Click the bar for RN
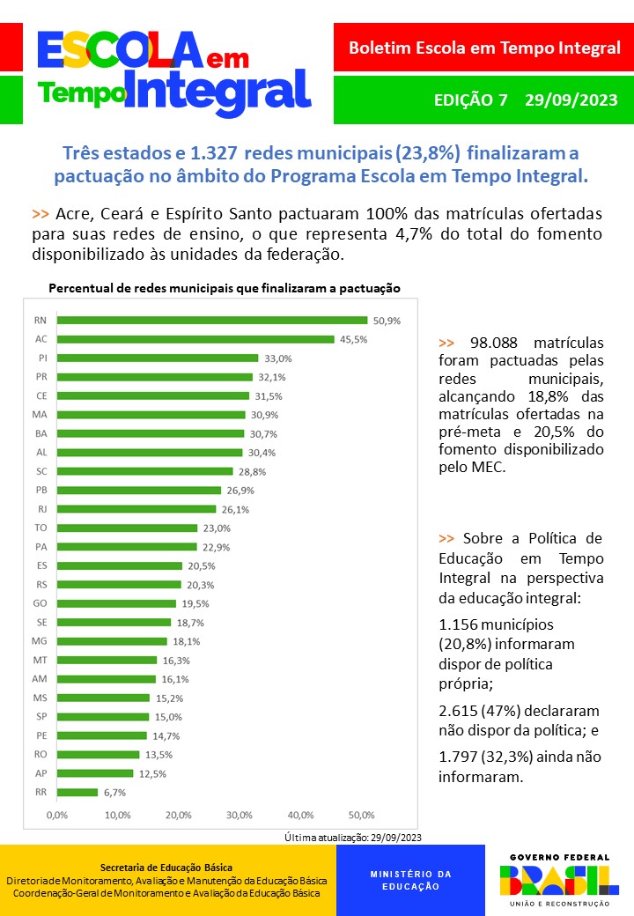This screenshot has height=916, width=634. tap(211, 320)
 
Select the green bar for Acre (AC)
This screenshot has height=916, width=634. tap(195, 339)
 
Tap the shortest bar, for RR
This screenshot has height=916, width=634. tap(77, 792)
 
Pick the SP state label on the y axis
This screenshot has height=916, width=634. tap(41, 717)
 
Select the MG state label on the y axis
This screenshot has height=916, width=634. tap(40, 641)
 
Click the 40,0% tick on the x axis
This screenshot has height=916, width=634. tap(301, 815)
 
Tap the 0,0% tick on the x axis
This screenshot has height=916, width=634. tap(56, 815)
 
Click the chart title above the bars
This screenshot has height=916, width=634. tap(225, 288)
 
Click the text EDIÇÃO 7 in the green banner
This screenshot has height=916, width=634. tap(471, 100)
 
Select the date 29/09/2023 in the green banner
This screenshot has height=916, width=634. tap(571, 100)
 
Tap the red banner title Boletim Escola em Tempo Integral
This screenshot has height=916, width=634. tap(484, 48)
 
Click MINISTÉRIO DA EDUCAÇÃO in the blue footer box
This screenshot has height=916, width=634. tap(410, 880)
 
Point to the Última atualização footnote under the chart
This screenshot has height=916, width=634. tap(354, 837)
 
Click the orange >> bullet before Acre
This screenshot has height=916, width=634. tap(40, 214)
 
